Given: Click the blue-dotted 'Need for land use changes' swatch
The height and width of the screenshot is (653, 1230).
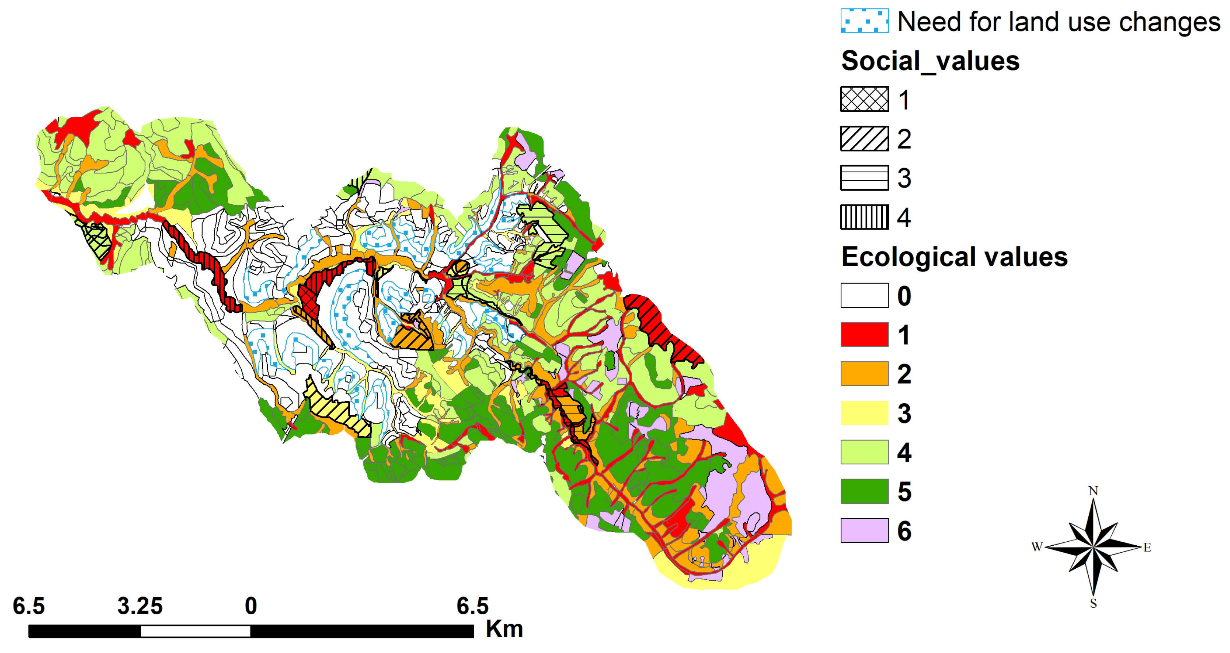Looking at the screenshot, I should coord(864,21).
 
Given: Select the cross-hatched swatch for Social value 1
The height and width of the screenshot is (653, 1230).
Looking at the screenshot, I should coord(864,99).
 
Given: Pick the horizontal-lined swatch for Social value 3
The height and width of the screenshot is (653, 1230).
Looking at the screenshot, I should coord(864,178).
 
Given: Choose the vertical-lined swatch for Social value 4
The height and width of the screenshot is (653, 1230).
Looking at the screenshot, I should coord(864,217).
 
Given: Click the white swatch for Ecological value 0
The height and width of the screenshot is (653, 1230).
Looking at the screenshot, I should coord(864,295).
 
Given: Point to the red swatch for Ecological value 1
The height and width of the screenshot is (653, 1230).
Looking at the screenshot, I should coord(864,335).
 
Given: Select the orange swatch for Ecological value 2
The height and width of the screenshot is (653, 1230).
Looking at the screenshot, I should coord(864,374).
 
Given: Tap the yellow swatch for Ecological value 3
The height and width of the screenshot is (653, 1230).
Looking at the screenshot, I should coord(864,413).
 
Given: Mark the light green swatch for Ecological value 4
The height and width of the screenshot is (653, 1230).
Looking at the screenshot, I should coord(864,452).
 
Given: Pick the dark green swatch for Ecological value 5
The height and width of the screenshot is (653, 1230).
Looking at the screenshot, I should coord(864,491).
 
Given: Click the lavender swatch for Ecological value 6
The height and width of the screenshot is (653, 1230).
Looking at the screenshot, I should coord(864,530).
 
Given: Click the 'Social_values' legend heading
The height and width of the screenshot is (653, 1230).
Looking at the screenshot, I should coord(930,61).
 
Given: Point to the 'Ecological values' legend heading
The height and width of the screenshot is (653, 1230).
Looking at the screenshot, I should coord(954,257).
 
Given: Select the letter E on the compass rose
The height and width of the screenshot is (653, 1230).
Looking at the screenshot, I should coord(1147,548).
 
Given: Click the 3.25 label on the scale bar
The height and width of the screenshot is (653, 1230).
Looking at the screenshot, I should coord(140,606).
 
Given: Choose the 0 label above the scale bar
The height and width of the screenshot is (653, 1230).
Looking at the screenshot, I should coord(251,606).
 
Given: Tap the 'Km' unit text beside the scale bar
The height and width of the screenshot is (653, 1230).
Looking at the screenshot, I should coord(504,629).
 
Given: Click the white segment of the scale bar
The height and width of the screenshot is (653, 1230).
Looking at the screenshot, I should coord(195,631).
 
